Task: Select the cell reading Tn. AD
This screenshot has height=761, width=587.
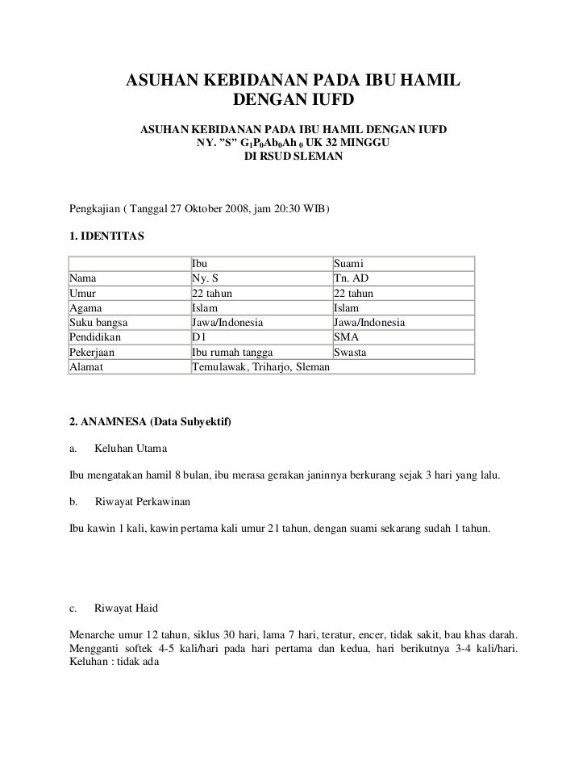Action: (x=351, y=278)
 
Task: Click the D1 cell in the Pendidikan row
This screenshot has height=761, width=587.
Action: (x=199, y=337)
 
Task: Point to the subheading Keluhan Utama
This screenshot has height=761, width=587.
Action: (x=131, y=448)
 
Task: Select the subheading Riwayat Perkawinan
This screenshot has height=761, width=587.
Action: (x=143, y=502)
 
